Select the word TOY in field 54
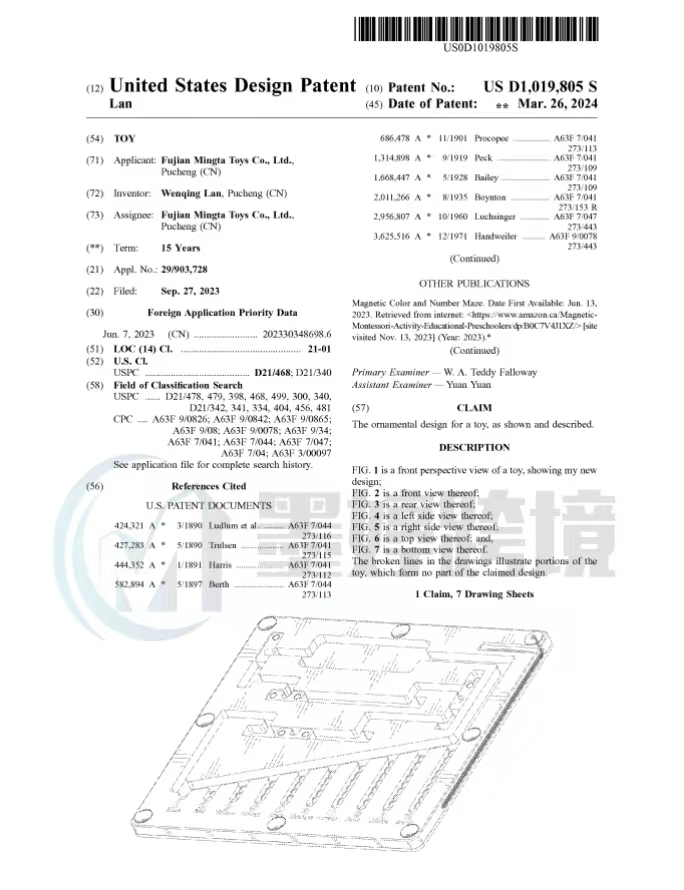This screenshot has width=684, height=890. point(124,138)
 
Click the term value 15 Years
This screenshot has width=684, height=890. point(180,248)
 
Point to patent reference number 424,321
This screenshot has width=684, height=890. point(133,525)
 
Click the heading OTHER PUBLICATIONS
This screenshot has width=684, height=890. point(474,284)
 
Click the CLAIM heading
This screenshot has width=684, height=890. point(474,408)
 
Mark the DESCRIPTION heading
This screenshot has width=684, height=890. point(474,447)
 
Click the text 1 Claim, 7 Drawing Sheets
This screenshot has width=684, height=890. point(474,595)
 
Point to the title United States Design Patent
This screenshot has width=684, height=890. point(232,86)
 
